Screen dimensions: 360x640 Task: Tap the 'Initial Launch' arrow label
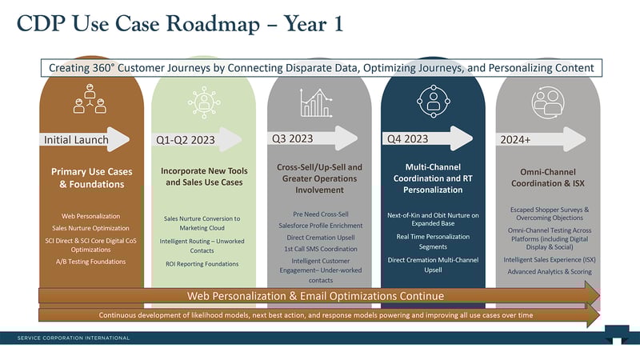pos(76,140)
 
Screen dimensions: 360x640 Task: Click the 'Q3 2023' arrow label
pos(292,138)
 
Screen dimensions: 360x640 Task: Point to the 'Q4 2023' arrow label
pos(407,138)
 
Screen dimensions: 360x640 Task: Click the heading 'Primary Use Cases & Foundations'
pos(91,178)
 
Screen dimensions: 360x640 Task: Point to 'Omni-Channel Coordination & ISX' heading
pos(548,178)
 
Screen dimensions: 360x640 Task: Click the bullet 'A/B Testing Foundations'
pos(90,262)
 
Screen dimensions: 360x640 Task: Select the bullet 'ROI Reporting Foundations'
pos(202,263)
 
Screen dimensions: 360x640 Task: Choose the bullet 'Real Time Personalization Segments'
pos(433,242)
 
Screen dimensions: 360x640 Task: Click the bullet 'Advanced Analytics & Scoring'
pos(548,271)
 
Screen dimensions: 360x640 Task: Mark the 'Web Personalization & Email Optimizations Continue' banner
pos(315,296)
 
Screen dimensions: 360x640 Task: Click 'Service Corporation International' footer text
pos(74,338)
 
